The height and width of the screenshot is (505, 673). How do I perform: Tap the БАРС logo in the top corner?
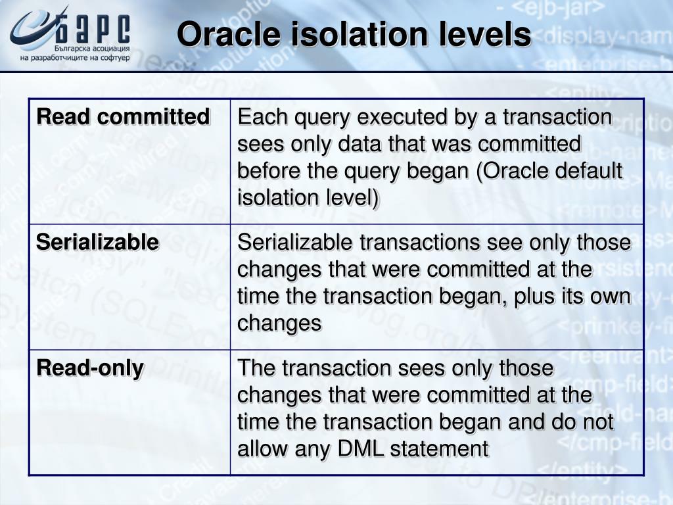[71, 28]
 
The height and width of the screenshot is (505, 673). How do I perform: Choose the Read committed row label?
[123, 117]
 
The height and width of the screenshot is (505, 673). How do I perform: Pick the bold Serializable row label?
[97, 242]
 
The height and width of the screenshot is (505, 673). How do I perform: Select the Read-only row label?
[90, 368]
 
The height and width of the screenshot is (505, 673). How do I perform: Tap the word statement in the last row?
[439, 449]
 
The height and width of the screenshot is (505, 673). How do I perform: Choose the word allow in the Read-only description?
[257, 449]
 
